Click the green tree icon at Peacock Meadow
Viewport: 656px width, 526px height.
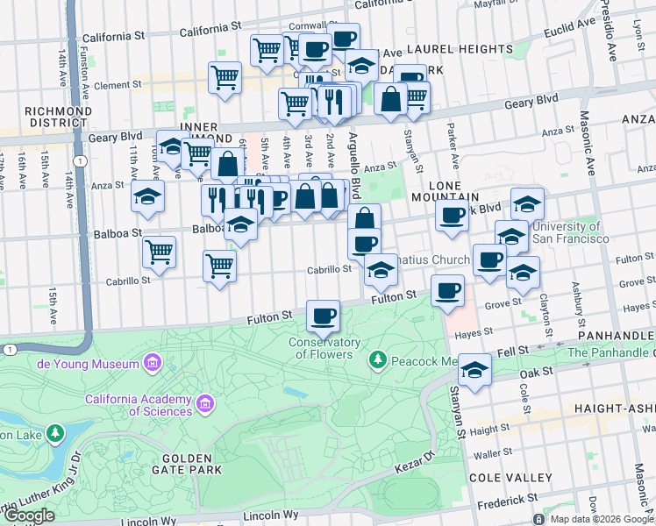click(378, 359)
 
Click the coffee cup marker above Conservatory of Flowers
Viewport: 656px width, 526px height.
click(323, 314)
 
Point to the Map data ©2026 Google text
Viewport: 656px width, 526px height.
click(602, 519)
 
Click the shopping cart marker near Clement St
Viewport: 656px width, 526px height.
click(225, 77)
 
